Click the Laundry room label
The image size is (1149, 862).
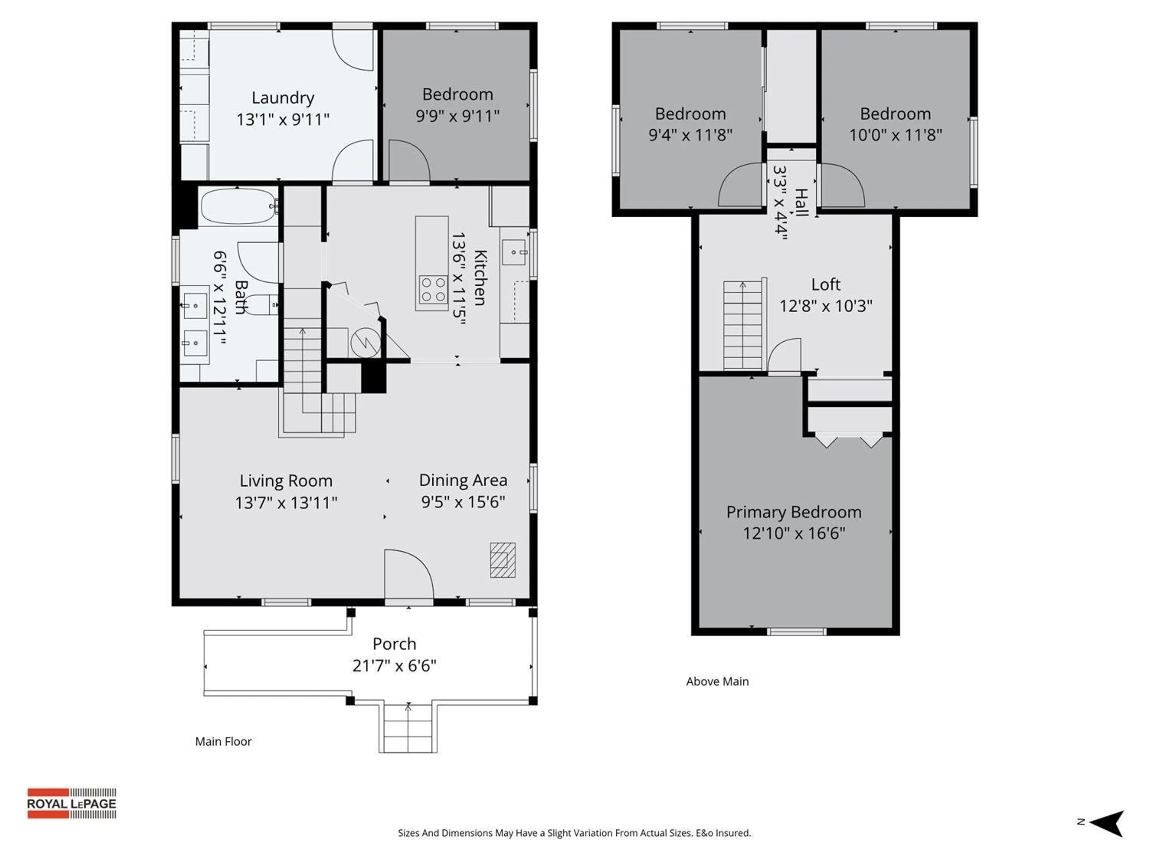tap(282, 98)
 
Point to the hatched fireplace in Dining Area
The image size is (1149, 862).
tap(502, 560)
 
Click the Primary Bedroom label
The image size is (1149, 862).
tap(793, 512)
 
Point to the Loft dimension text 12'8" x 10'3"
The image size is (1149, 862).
tap(825, 306)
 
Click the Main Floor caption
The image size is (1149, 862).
tap(223, 741)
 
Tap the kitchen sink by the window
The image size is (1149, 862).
tap(514, 253)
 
